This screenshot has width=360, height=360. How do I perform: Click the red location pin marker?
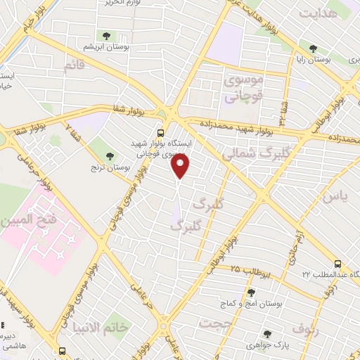(181, 166)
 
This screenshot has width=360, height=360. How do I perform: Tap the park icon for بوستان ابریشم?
(106, 35)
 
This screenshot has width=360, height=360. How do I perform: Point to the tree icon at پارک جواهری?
(266, 335)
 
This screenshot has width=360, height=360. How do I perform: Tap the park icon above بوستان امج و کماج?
(250, 292)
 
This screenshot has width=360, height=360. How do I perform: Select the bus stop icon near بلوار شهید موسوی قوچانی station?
(161, 131)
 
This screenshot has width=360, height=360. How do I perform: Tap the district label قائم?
(74, 66)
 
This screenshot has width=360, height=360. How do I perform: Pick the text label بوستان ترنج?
(108, 169)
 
